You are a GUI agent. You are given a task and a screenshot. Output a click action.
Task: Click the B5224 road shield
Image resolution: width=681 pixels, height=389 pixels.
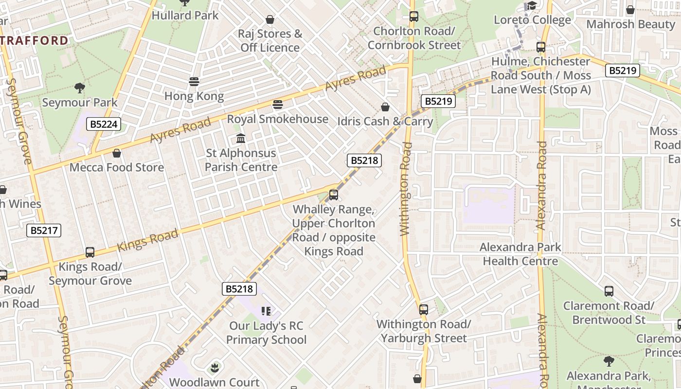[104, 124]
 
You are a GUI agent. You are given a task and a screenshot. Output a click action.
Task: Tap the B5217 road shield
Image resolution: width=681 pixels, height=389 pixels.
[44, 230]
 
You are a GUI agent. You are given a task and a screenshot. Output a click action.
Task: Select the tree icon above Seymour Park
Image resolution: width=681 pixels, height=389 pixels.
[80, 88]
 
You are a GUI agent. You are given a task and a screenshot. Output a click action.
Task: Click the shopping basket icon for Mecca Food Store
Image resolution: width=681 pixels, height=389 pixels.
[117, 154]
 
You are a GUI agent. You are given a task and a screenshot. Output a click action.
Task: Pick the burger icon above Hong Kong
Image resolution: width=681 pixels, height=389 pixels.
[194, 82]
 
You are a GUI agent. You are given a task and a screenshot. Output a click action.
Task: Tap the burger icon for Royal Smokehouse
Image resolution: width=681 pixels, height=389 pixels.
[278, 105]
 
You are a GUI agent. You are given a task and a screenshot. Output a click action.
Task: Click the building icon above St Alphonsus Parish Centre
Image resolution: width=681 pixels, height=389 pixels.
[240, 139]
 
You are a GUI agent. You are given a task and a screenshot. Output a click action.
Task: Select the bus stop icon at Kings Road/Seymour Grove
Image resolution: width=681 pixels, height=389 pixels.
[90, 252]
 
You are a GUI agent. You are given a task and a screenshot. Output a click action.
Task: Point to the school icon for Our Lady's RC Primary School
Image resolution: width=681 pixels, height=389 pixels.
[266, 311]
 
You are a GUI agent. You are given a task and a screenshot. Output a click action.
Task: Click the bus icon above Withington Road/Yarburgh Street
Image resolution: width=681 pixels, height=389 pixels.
[424, 310]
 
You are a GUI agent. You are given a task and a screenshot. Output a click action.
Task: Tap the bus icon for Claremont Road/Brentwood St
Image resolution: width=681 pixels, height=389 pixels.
[609, 292]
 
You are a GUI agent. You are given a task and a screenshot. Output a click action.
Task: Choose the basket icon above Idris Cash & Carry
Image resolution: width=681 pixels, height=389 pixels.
[385, 107]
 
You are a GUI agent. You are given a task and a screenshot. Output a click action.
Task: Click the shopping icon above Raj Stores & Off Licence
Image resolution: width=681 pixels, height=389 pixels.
[270, 20]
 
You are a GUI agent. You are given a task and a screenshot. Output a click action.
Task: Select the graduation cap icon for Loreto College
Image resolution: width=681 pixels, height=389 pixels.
[532, 6]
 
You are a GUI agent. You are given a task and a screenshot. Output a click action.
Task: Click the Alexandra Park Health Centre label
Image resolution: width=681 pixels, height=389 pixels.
[520, 254]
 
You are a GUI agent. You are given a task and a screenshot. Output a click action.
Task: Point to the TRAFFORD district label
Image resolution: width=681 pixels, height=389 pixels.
[34, 40]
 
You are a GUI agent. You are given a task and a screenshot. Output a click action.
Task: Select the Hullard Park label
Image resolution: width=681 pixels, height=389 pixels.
[185, 16]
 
